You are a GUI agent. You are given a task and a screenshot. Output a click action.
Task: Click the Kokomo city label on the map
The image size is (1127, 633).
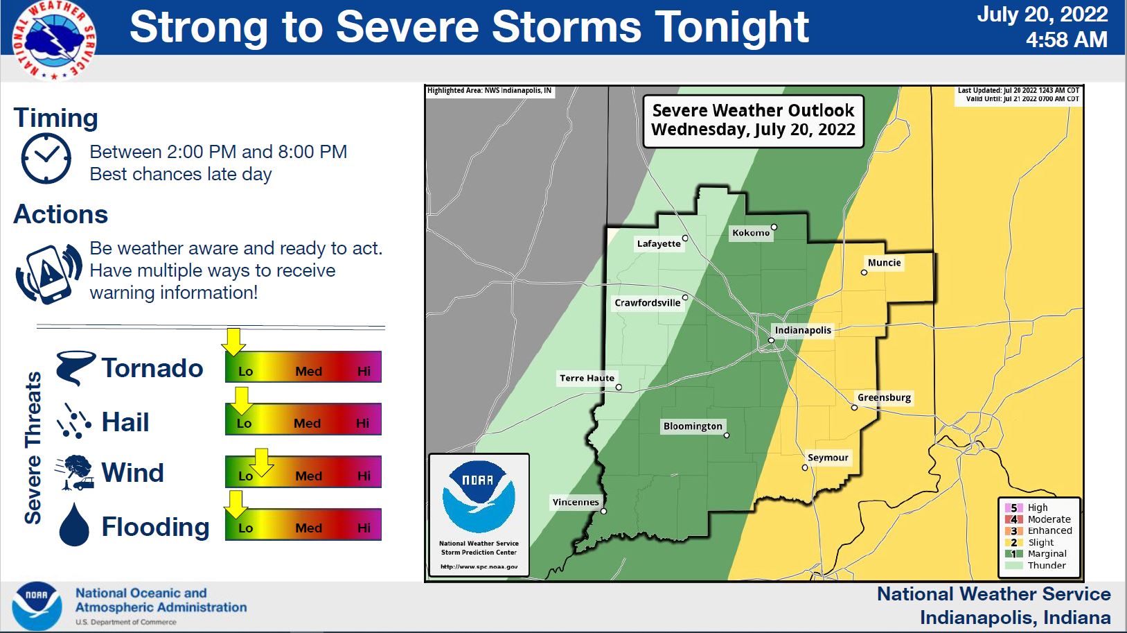click(751, 233)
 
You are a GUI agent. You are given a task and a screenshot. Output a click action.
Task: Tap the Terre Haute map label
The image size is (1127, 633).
click(587, 378)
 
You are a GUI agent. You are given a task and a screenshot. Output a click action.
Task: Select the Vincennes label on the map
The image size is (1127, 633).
click(575, 502)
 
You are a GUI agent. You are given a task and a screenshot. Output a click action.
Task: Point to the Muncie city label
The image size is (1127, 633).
click(884, 263)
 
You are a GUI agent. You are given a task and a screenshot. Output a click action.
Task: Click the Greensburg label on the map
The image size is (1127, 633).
click(884, 397)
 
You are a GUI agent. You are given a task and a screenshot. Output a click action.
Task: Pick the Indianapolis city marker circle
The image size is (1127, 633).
click(771, 340)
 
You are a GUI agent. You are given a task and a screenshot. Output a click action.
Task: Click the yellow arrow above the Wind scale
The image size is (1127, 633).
click(261, 462)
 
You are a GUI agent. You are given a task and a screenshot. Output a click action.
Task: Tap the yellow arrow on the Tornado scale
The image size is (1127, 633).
click(233, 342)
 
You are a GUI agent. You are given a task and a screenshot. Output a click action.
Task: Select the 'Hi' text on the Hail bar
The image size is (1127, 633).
click(362, 423)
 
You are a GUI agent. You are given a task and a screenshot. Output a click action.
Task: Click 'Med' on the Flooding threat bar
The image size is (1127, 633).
click(308, 528)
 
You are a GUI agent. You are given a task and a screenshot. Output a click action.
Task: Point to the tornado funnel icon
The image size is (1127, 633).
click(74, 367)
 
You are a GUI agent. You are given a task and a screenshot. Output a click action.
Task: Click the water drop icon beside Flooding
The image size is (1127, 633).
click(74, 525)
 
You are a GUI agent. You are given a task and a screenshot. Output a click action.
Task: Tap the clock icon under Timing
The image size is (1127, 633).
click(46, 159)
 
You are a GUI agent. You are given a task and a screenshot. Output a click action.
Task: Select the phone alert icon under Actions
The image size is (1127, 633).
click(48, 273)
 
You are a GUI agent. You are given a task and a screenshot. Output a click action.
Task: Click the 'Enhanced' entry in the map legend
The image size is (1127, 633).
click(1049, 530)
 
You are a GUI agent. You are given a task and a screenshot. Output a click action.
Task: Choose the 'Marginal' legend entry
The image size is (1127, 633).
click(1046, 553)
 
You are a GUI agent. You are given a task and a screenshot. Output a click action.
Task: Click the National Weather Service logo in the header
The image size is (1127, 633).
click(54, 40)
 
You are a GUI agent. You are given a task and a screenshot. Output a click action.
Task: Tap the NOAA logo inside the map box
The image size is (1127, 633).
click(479, 496)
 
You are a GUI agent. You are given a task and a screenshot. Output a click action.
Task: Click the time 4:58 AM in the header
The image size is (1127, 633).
click(1066, 40)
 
